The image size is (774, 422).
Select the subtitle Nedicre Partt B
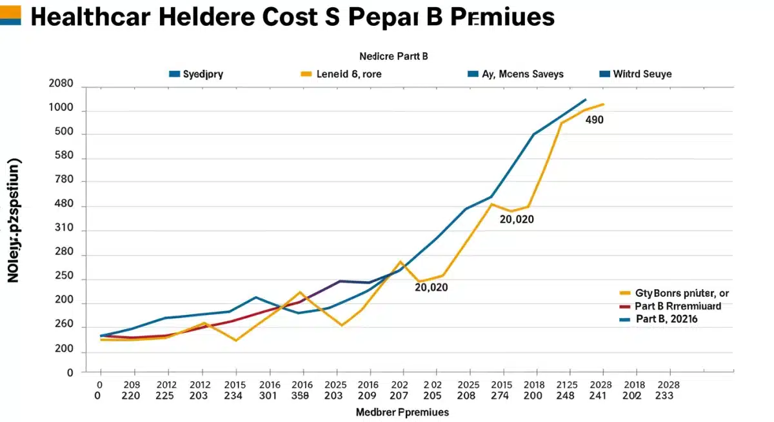click(x=393, y=56)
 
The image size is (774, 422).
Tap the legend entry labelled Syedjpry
click(x=203, y=74)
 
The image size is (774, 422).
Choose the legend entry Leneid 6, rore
click(x=349, y=74)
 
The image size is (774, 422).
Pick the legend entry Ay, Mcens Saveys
click(x=522, y=74)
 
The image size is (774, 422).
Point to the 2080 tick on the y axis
click(x=61, y=85)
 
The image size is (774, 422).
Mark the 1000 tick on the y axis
click(x=61, y=110)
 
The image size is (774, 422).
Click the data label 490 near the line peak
click(x=594, y=120)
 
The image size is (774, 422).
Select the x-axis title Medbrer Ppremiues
click(x=402, y=412)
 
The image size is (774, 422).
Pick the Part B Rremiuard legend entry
click(x=678, y=306)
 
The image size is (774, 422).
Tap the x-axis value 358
click(x=301, y=396)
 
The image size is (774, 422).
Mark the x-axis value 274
click(x=501, y=396)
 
